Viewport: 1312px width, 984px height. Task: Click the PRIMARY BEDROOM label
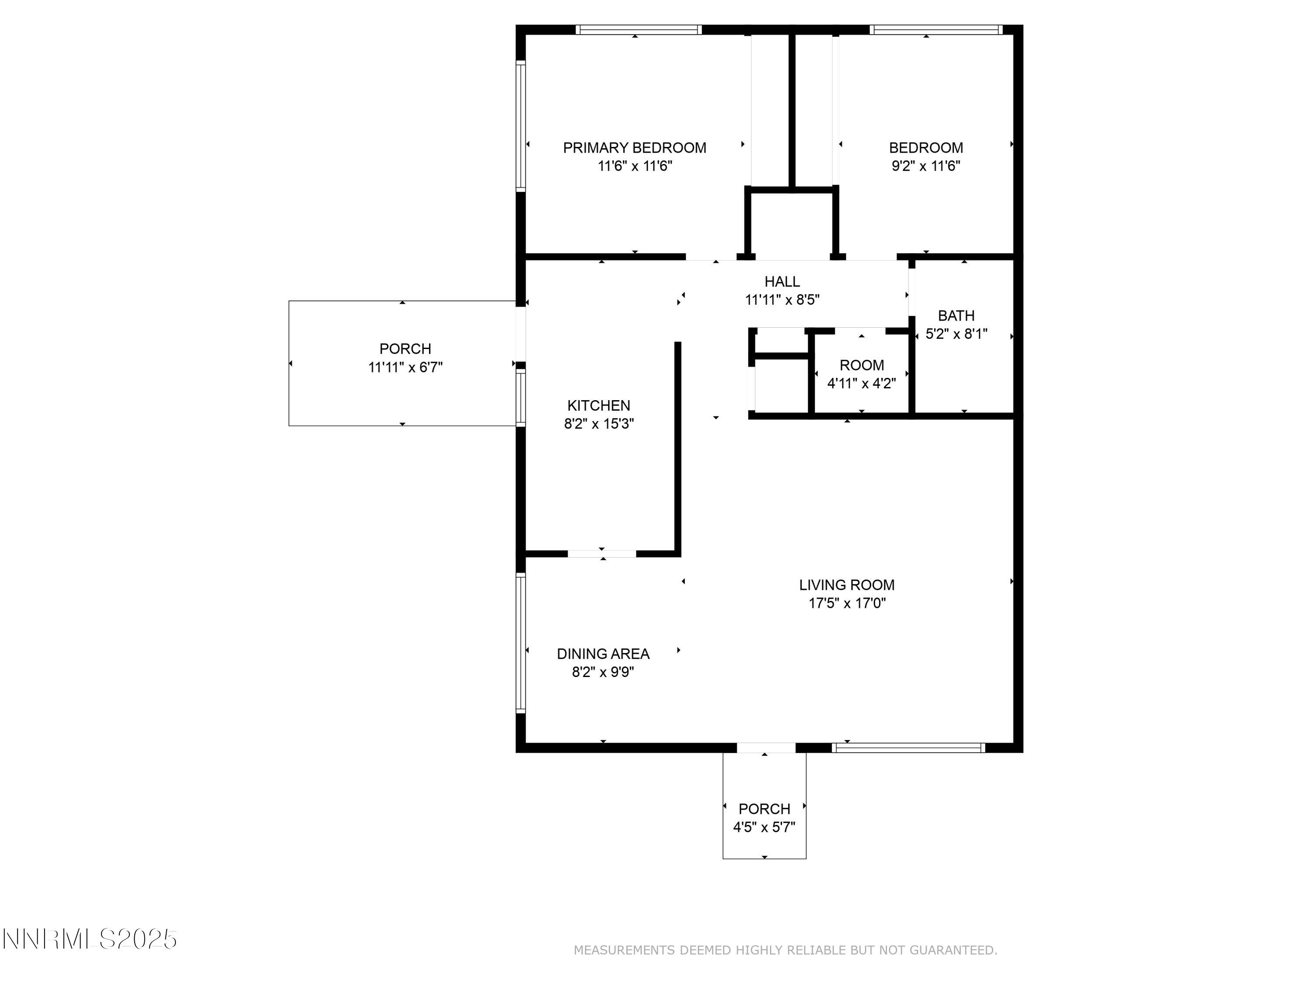(x=634, y=148)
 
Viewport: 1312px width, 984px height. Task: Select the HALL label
(x=782, y=282)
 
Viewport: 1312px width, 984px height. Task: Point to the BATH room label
(x=956, y=316)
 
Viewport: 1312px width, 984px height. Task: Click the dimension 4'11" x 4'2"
(x=861, y=384)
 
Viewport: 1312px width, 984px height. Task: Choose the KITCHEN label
(x=598, y=406)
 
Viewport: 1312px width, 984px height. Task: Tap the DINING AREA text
(x=603, y=654)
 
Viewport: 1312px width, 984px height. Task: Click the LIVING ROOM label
(x=846, y=585)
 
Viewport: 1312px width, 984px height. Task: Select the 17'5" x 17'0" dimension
(x=846, y=603)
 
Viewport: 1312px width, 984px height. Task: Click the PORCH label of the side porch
(x=405, y=349)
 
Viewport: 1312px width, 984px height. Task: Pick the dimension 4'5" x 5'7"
(x=764, y=827)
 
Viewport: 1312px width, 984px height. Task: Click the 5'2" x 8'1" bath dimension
(x=956, y=334)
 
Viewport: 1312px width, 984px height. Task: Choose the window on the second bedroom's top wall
(x=935, y=30)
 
